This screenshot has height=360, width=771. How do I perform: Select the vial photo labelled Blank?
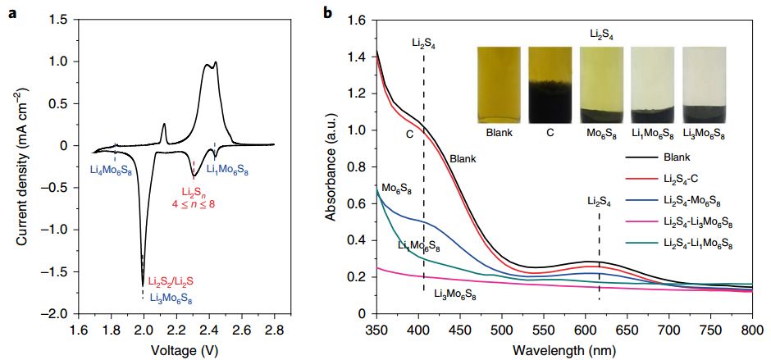(499, 84)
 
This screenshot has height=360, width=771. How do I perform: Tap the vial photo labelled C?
(550, 84)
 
